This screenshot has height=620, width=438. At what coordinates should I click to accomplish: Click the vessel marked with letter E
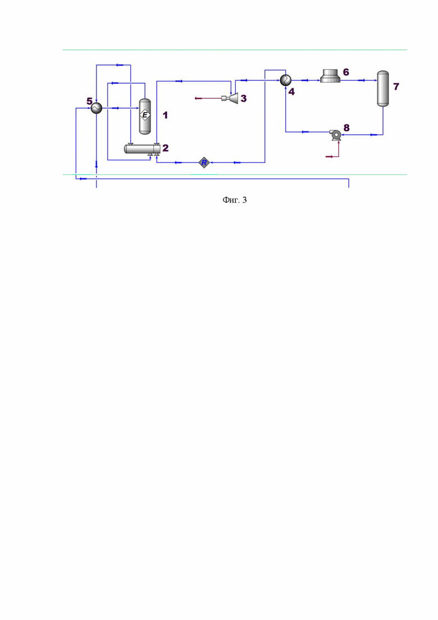145,116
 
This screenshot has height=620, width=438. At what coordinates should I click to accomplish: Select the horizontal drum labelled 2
142,149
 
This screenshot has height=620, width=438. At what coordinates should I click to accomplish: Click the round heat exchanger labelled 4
285,80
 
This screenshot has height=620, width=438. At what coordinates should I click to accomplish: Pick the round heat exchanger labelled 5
97,107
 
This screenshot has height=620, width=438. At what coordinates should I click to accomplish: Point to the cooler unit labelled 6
330,75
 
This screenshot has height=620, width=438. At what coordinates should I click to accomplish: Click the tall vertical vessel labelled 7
383,89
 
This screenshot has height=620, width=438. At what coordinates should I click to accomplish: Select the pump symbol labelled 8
335,135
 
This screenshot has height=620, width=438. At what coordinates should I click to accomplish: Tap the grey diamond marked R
204,162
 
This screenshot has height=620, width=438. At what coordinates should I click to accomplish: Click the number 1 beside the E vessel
165,115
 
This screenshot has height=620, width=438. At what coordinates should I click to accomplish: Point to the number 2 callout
166,148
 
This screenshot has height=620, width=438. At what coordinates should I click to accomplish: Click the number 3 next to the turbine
244,98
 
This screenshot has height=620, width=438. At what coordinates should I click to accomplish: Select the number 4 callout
291,92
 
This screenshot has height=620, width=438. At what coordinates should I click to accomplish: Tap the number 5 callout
90,102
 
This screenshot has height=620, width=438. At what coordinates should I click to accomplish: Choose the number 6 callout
346,72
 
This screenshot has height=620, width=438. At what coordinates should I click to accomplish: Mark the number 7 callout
396,86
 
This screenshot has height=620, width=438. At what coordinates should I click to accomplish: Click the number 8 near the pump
346,128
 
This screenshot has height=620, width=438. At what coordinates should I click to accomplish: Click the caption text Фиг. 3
235,200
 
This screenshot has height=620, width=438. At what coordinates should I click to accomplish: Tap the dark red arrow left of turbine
208,98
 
